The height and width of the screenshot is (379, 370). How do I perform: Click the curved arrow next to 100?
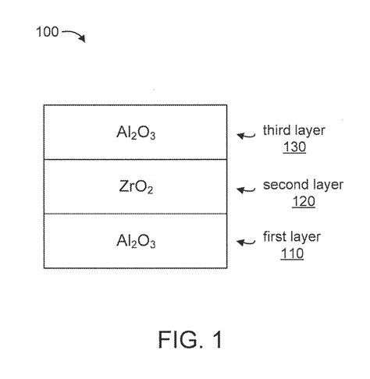(73, 34)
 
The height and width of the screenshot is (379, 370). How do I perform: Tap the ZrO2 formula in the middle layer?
(136, 187)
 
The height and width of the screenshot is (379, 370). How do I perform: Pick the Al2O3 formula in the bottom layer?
(136, 243)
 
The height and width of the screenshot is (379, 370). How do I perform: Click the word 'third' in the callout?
(277, 130)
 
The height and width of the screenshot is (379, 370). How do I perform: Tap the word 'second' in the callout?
(282, 186)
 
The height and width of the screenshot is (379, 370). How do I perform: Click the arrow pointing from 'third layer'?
(247, 135)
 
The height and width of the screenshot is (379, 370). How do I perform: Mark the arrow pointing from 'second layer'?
(247, 189)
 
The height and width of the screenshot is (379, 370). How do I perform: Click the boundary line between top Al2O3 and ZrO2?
(136, 159)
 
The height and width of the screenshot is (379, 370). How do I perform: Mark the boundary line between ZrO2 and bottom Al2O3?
(136, 214)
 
